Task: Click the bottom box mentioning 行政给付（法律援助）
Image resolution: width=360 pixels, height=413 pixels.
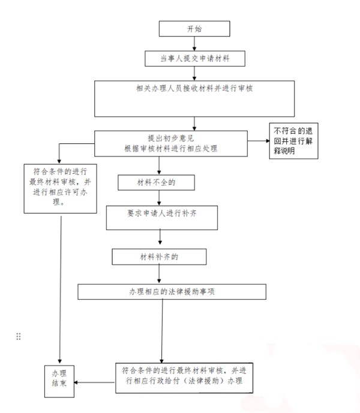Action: pos(184,375)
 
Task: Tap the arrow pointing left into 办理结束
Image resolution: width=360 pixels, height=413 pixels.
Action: pos(96,382)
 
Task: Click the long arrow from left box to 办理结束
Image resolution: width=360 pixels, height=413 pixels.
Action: pos(61,288)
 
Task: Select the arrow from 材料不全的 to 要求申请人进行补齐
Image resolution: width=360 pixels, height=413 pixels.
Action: pos(157,197)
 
